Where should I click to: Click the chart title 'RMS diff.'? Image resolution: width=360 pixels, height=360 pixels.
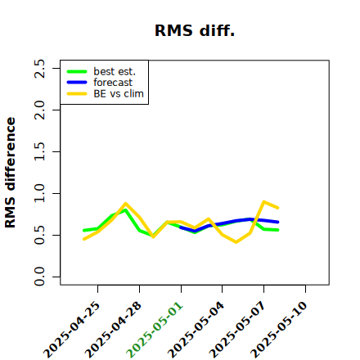point(195,30)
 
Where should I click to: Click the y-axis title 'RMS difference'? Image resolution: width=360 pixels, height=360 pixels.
point(11,173)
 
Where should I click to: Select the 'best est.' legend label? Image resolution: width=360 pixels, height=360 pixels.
point(115,71)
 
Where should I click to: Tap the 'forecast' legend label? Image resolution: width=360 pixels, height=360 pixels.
point(113,83)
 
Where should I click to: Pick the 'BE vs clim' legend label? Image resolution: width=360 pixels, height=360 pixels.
point(119,93)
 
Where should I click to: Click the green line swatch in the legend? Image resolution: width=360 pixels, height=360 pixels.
point(77,72)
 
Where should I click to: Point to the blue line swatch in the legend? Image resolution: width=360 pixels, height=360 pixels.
point(77,83)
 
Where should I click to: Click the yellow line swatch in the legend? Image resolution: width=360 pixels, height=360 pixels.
point(77,94)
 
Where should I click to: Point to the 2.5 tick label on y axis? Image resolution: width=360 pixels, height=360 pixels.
point(40,69)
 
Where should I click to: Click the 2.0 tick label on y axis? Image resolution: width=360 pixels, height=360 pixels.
point(40,110)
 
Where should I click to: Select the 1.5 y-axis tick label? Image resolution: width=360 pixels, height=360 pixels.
point(40,151)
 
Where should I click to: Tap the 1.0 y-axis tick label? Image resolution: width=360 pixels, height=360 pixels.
point(40,193)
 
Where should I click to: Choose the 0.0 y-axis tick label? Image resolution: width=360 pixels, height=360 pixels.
point(40,277)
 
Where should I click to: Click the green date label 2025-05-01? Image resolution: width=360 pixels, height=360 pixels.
point(155,330)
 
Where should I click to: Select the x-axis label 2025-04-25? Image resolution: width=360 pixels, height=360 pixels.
point(71,330)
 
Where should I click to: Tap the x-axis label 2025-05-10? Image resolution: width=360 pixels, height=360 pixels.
point(279,330)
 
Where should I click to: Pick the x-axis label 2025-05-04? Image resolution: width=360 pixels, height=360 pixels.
point(196,330)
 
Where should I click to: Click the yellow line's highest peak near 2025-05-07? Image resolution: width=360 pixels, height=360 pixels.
point(263,202)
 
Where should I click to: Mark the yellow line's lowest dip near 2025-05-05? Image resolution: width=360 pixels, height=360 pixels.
point(236,242)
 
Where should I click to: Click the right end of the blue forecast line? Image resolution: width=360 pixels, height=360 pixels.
point(277,222)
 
